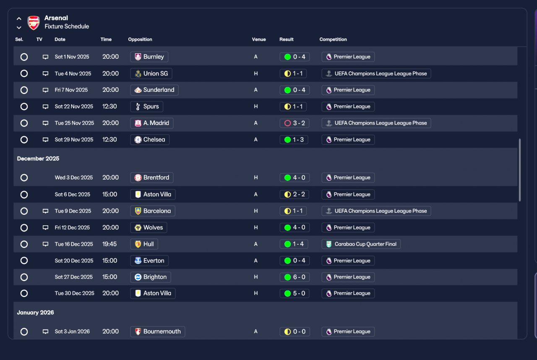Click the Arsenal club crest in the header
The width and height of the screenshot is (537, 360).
coord(34,23)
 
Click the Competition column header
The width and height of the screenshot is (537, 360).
coord(333,39)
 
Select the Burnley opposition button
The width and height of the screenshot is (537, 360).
coord(149,57)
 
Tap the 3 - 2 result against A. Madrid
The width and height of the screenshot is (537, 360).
coord(295,123)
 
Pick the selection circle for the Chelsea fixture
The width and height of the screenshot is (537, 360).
coord(24,140)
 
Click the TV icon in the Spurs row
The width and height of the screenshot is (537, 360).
coord(45,107)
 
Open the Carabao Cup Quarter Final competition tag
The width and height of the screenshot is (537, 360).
coord(361,244)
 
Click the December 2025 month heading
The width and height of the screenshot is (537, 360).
coord(38,159)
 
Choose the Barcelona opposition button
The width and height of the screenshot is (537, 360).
coord(153,211)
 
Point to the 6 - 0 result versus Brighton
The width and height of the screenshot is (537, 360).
coord(295,277)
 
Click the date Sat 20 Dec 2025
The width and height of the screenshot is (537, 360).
coord(74,261)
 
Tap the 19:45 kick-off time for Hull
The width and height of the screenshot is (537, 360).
coord(109,244)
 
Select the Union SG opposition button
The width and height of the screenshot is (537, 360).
coord(151,73)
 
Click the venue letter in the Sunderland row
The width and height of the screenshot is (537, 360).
coord(256,90)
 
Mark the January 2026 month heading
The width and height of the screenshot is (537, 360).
coord(36,313)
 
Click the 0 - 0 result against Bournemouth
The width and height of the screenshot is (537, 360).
coord(295,332)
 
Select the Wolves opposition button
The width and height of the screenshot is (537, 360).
coord(149,228)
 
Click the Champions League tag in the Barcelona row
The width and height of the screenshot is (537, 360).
coord(376,211)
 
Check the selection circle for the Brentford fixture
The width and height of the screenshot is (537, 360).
coord(24,178)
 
